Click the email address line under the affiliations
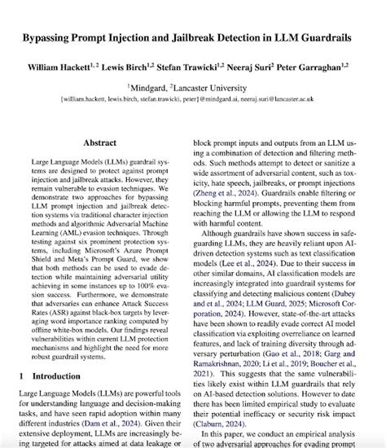click(193, 97)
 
